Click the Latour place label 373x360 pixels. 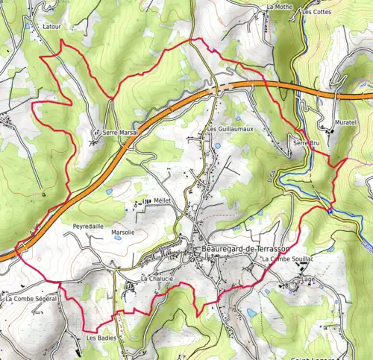[x=51, y=26]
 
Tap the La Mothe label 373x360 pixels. [x=280, y=7]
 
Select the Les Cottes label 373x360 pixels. [x=316, y=12]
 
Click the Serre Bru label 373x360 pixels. [x=306, y=142]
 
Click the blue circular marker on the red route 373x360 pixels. [x=330, y=210]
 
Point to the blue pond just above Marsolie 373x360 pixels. [x=110, y=192]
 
